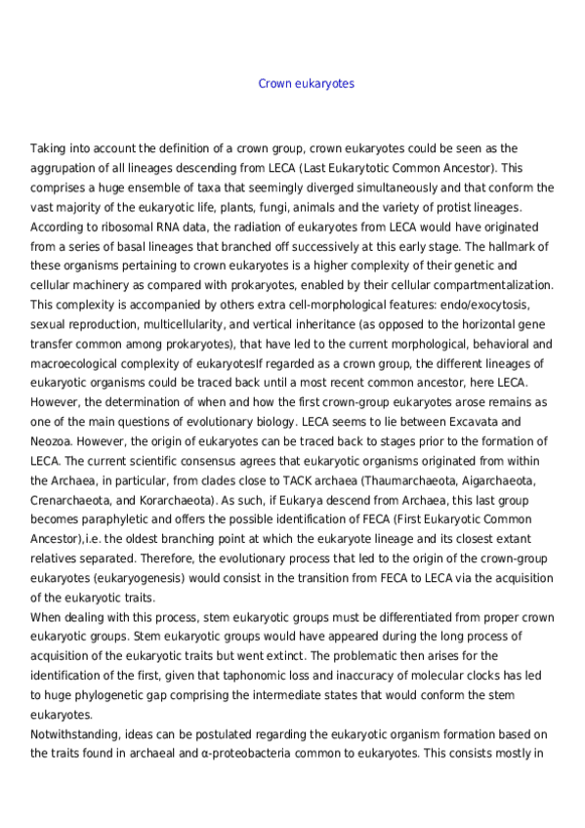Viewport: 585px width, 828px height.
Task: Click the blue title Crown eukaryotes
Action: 306,84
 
